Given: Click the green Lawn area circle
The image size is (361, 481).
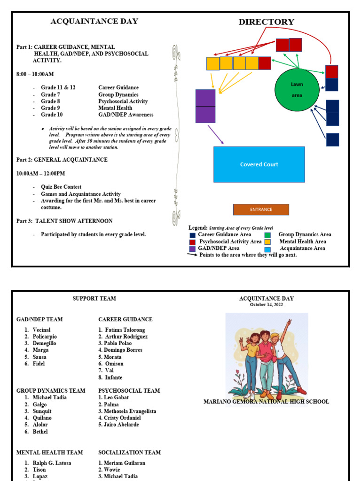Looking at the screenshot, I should (297, 90).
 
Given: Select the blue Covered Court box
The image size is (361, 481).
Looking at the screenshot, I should (259, 164).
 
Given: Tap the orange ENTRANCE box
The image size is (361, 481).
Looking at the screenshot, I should (261, 209).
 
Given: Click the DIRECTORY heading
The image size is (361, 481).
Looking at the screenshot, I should (266, 22).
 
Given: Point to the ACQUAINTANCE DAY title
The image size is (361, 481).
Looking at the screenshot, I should (94, 21).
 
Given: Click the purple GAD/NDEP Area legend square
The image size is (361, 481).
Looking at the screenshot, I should (193, 248).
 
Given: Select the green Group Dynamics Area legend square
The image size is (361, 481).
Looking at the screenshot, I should (267, 235).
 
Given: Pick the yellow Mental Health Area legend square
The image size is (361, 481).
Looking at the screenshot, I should (267, 241).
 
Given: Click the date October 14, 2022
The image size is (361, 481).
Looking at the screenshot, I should (266, 305).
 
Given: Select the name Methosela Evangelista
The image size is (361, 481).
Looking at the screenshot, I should (130, 411).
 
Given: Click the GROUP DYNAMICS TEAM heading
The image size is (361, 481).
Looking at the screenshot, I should (51, 391).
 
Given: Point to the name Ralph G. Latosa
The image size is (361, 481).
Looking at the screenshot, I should (52, 463).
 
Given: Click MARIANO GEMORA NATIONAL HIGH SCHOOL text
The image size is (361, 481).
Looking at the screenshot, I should (266, 402).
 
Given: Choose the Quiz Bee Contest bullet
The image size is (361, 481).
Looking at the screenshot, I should (61, 187).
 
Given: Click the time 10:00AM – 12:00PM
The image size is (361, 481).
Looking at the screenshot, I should (41, 173).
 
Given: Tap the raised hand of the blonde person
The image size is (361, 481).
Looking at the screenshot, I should (289, 323).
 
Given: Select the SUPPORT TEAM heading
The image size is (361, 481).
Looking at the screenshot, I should (94, 299).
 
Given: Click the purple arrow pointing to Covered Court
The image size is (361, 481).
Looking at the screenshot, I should (216, 134).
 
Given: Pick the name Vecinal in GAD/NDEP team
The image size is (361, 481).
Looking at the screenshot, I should (41, 330).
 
